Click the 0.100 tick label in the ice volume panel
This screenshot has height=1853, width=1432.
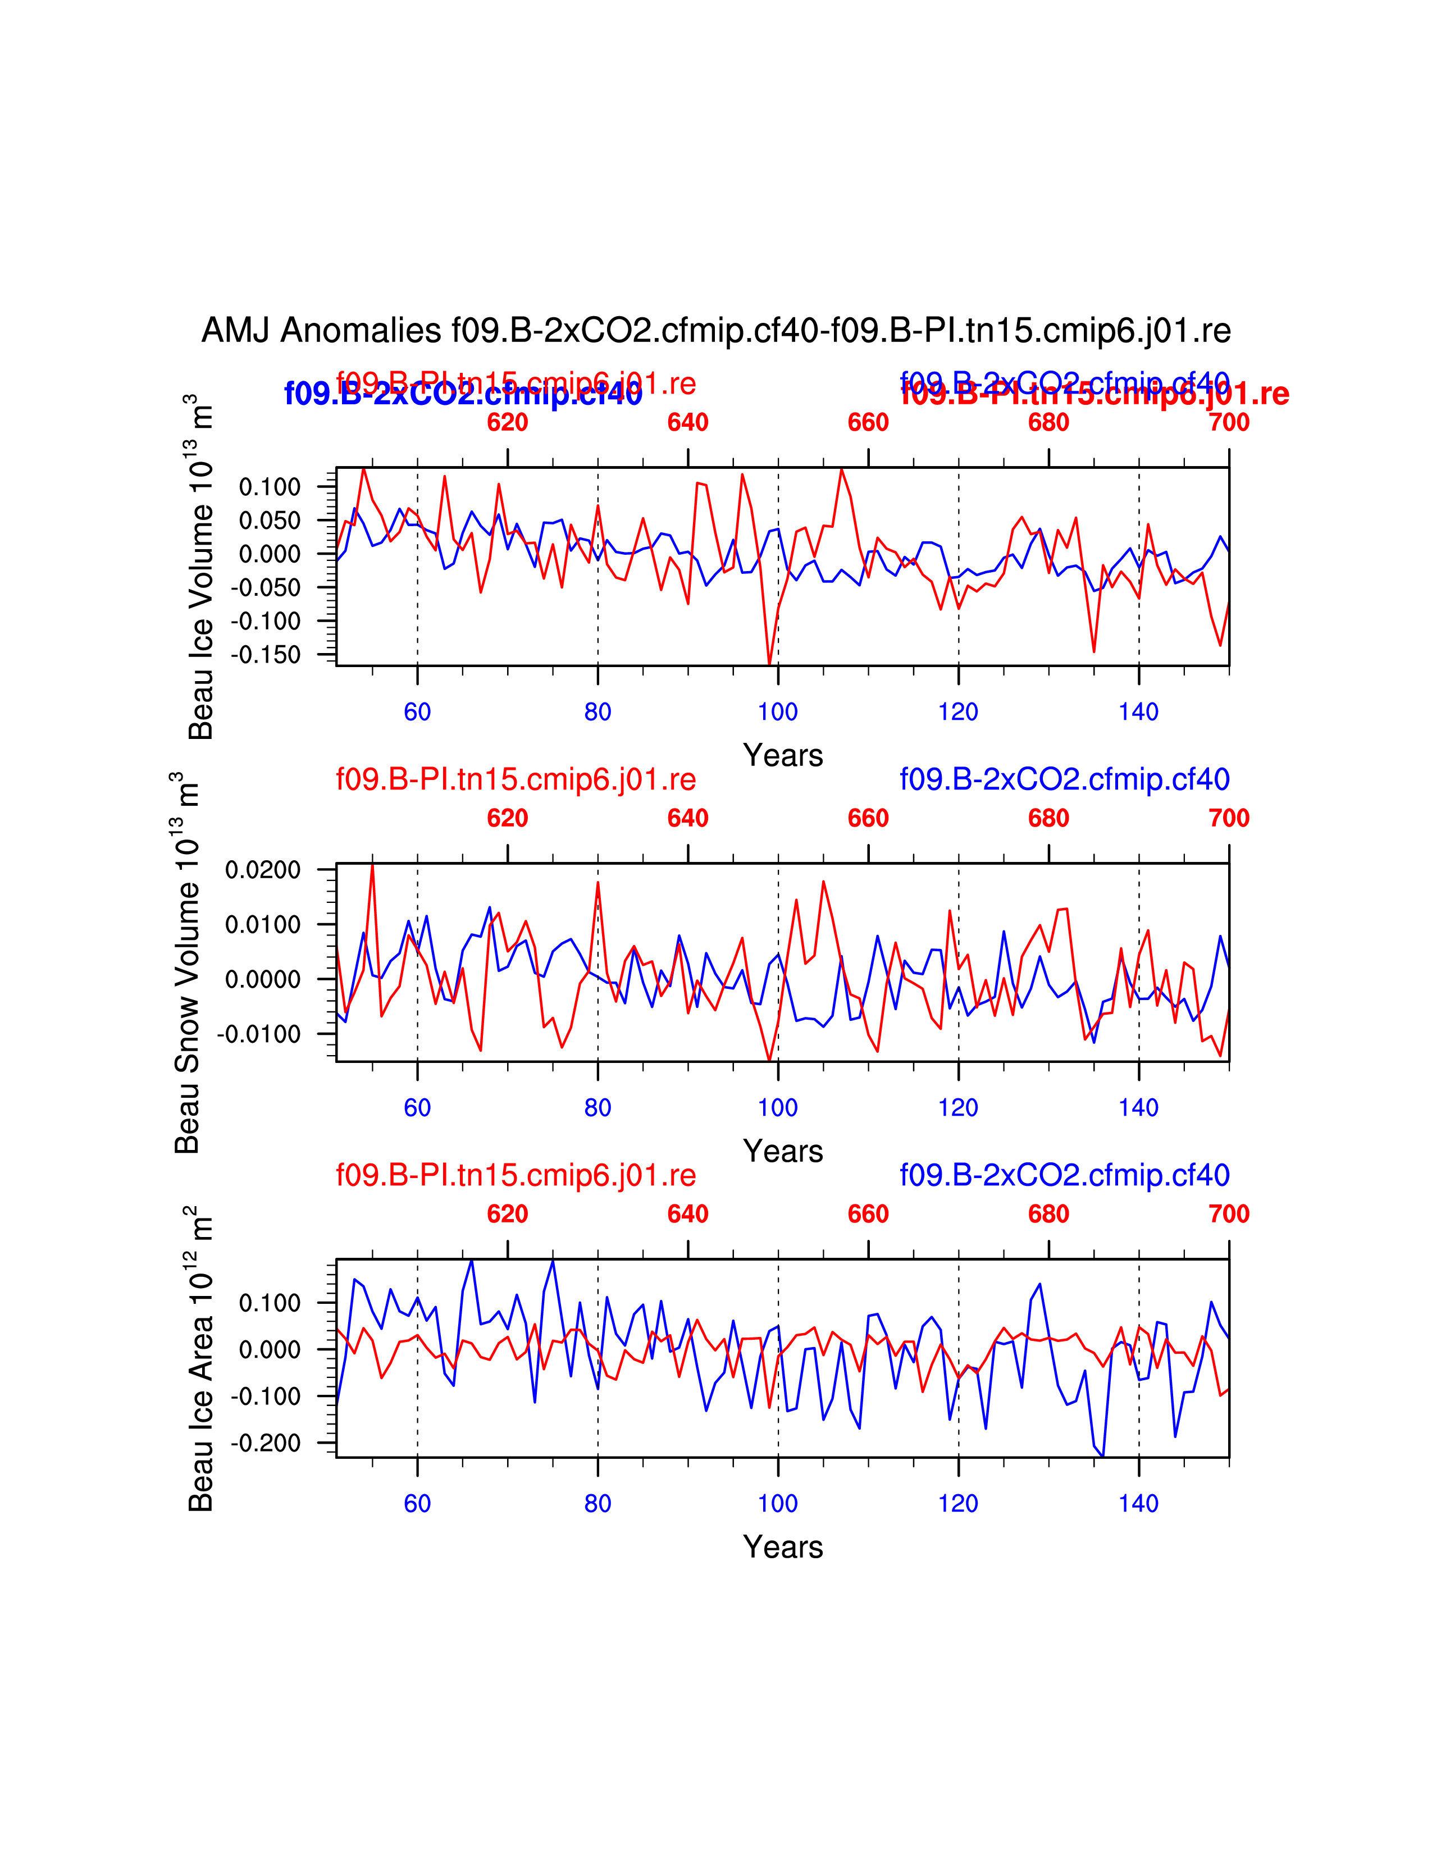[x=270, y=487]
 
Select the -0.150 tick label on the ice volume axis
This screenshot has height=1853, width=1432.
[x=266, y=655]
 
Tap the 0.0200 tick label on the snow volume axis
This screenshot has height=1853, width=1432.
[x=263, y=870]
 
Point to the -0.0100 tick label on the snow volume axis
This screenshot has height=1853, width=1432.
[x=259, y=1034]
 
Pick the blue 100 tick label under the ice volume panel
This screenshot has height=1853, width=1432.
[x=778, y=712]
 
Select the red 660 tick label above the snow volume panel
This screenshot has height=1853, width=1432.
[x=868, y=818]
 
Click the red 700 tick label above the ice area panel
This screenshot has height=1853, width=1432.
[x=1228, y=1214]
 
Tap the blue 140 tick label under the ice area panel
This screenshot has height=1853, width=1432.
[x=1138, y=1503]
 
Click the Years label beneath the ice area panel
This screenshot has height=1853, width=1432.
[x=783, y=1547]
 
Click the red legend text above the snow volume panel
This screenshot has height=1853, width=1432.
[x=516, y=779]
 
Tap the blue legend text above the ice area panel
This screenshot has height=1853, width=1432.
[x=1065, y=1175]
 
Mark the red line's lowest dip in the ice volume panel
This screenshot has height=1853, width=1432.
[x=769, y=664]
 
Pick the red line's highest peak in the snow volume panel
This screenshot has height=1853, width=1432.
[x=372, y=865]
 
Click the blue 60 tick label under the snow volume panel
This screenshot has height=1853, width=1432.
[x=417, y=1107]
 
